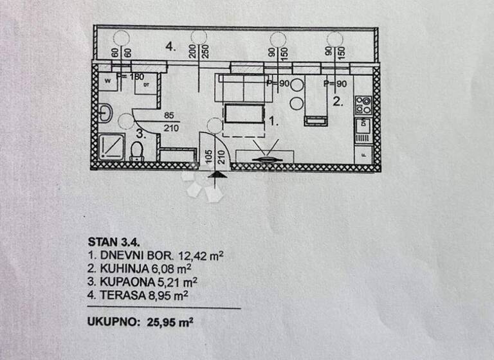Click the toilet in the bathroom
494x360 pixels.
(x=136, y=151)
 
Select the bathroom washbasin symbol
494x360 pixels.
(x=105, y=113)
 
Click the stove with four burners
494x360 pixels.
(x=363, y=104)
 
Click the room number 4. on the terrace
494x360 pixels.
(x=170, y=46)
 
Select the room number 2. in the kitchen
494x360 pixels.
(x=338, y=101)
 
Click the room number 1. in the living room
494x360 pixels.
(x=273, y=120)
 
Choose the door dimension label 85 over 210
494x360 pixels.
(x=170, y=122)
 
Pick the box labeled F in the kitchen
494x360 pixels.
(x=363, y=155)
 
